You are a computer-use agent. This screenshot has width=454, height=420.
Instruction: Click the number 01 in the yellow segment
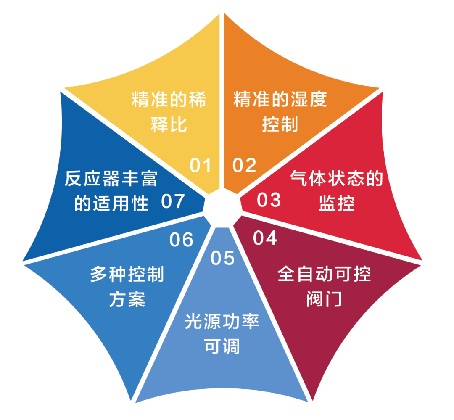pos(200,165)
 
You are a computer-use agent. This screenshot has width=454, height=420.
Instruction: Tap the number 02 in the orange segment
pos(244,165)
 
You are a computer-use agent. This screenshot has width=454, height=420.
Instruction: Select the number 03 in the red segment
pos(269,200)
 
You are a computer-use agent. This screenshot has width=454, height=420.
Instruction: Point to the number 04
pos(265,238)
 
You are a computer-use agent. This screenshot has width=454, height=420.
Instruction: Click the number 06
pos(182,240)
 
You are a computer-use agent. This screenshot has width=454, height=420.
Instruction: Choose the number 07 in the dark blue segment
pos(173,201)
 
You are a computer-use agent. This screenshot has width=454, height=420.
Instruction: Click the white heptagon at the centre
pos(222,205)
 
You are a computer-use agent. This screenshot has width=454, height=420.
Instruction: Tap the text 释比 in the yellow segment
pos(169,125)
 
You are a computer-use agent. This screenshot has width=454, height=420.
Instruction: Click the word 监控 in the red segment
pos(337,203)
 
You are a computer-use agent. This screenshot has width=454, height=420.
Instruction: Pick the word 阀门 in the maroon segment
pos(324,299)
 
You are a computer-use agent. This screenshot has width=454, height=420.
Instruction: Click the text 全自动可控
pos(324,275)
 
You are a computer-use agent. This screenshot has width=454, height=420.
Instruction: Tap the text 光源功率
pos(222,322)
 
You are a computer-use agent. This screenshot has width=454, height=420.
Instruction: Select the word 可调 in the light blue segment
pos(222,346)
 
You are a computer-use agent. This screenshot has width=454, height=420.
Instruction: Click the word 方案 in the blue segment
pos(127,299)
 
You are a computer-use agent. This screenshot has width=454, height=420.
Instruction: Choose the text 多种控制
pos(127,275)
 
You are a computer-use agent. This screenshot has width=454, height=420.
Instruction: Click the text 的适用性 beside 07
pos(112,203)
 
